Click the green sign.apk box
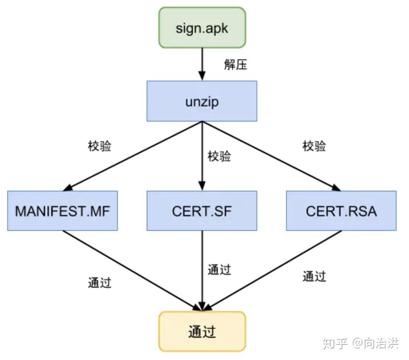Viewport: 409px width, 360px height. (x=202, y=27)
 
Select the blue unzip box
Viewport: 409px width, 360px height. (x=202, y=101)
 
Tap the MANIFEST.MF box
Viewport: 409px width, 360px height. (x=62, y=211)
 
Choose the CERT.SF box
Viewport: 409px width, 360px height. (x=202, y=211)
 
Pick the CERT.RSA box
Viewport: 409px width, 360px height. (x=341, y=211)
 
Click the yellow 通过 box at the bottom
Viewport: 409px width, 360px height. (x=202, y=331)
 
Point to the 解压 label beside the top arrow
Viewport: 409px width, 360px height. (x=235, y=64)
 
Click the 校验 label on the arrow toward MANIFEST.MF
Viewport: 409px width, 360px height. (x=100, y=147)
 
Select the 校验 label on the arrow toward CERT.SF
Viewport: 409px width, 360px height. (x=219, y=157)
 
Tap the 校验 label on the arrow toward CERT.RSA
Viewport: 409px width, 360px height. (x=314, y=147)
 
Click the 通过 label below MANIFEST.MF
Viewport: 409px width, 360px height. (x=100, y=282)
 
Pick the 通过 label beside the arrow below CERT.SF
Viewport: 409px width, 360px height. (x=219, y=269)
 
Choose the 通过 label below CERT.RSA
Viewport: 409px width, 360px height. (x=314, y=277)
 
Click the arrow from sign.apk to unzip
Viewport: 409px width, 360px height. (x=202, y=63)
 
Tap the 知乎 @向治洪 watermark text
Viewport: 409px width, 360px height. (x=361, y=343)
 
